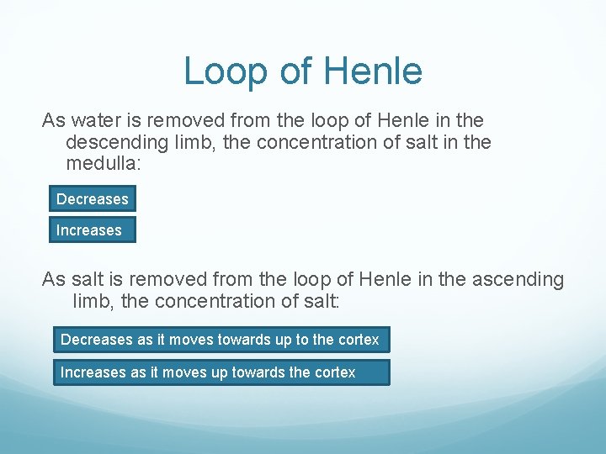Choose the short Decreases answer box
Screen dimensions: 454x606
92,199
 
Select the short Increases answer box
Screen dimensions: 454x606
92,230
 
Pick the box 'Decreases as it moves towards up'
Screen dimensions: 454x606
221,340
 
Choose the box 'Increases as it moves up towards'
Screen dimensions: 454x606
221,372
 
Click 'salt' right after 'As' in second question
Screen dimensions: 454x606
84,279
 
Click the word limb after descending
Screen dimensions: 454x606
196,143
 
